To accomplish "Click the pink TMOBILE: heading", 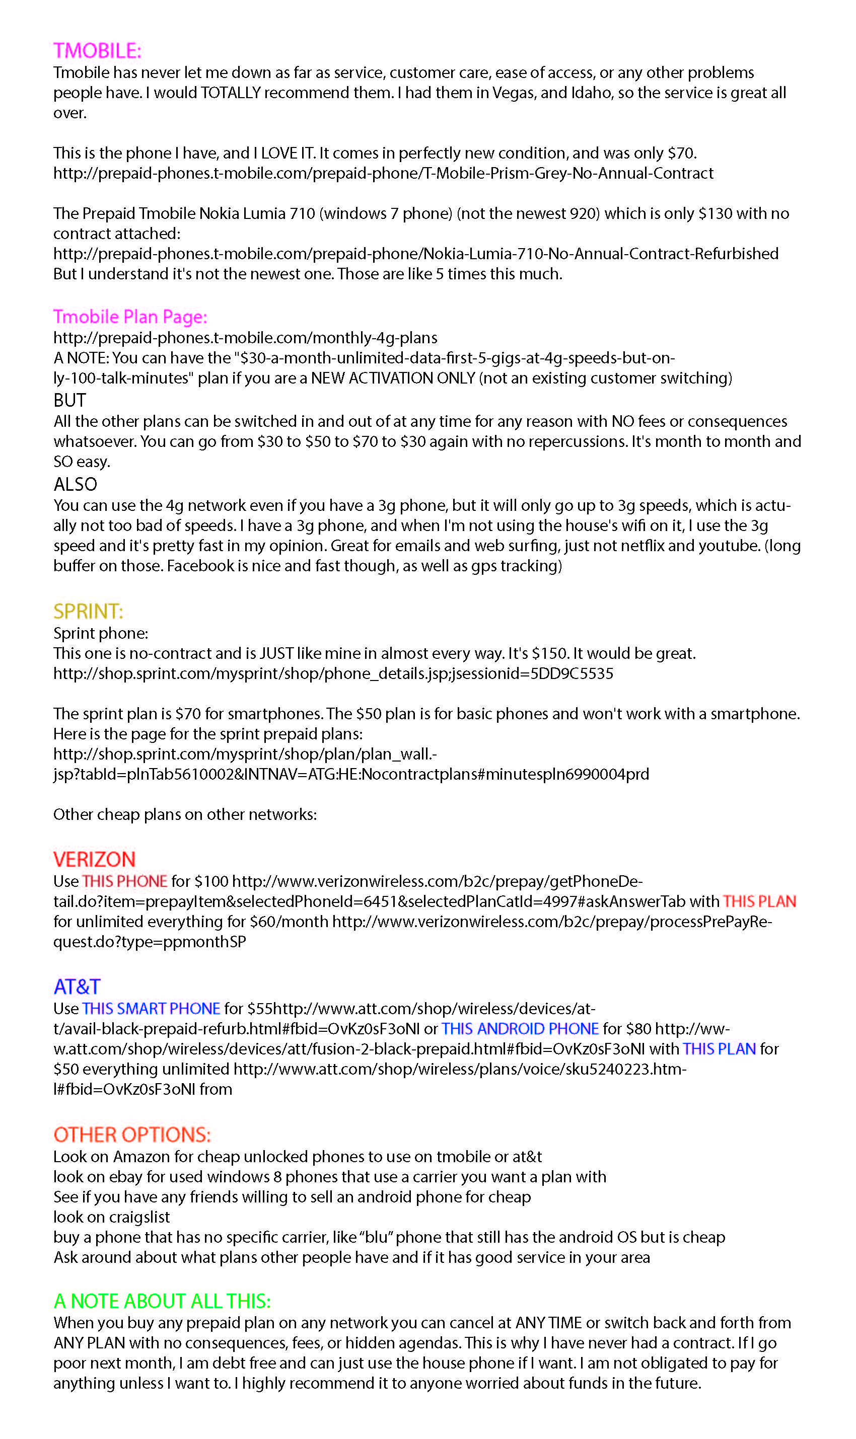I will pyautogui.click(x=97, y=51).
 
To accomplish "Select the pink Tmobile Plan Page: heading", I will pyautogui.click(x=130, y=317).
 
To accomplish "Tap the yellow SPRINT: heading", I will pyautogui.click(x=88, y=611).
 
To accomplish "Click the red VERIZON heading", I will pyautogui.click(x=94, y=859).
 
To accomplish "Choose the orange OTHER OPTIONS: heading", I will pyautogui.click(x=132, y=1134).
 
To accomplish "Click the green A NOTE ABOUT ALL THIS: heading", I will pyautogui.click(x=162, y=1301).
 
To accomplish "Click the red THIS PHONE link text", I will pyautogui.click(x=124, y=881).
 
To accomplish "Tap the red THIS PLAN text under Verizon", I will pyautogui.click(x=759, y=901).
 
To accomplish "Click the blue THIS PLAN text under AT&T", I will pyautogui.click(x=719, y=1049).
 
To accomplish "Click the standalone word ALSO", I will pyautogui.click(x=75, y=484).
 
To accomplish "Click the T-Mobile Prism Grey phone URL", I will pyautogui.click(x=383, y=173).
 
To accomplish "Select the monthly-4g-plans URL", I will pyautogui.click(x=245, y=337).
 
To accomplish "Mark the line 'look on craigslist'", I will pyautogui.click(x=111, y=1217).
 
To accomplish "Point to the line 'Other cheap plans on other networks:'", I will pyautogui.click(x=185, y=814).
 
